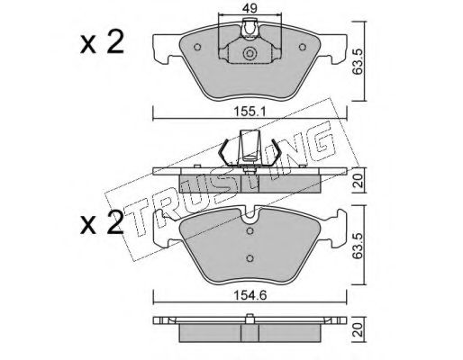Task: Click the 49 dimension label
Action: point(250,8)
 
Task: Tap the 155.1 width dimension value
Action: point(250,112)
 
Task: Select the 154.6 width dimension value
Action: point(250,296)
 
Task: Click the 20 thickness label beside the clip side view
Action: point(359,181)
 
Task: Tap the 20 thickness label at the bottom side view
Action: point(359,330)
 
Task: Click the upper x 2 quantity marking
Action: point(102,43)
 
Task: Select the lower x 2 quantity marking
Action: point(102,223)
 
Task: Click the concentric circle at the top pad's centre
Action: point(249,53)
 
